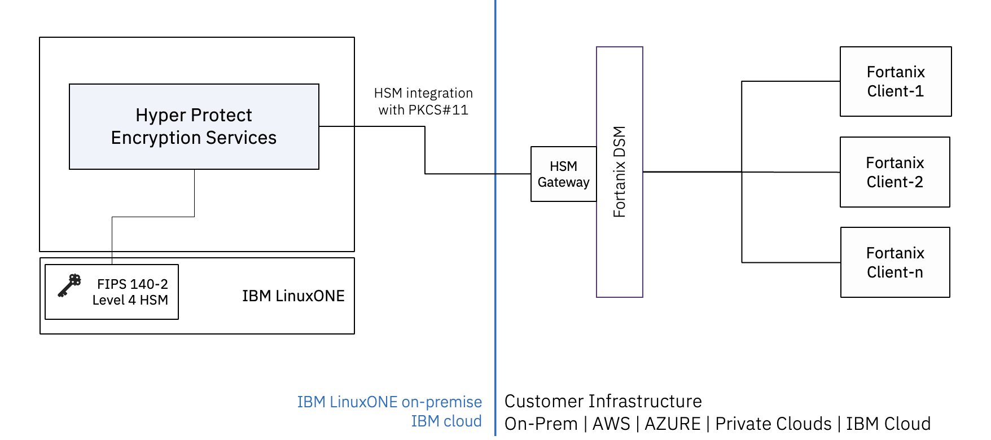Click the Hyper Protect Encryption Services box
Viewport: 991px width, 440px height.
coord(194,126)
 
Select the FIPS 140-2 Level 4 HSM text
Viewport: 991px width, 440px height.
coord(131,292)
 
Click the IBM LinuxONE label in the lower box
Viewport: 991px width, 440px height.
coord(293,296)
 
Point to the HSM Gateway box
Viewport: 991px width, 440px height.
coord(563,174)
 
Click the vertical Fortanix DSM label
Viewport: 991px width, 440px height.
coord(620,172)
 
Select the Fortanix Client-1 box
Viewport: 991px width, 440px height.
coord(895,82)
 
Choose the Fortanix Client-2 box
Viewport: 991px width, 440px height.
coord(894,172)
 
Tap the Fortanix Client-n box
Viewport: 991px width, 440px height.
coord(895,262)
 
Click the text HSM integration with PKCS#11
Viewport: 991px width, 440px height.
coord(423,102)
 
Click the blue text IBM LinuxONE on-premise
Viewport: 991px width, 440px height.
coord(389,402)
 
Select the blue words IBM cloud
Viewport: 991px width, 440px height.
coord(446,421)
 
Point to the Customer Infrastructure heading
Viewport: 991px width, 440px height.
coord(603,402)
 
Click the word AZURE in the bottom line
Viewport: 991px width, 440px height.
coord(672,424)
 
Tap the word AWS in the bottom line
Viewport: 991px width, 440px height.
coord(611,424)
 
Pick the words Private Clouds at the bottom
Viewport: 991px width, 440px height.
coord(773,424)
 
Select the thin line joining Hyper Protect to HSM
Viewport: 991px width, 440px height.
coord(153,217)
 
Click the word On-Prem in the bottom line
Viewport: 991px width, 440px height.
coord(541,424)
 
